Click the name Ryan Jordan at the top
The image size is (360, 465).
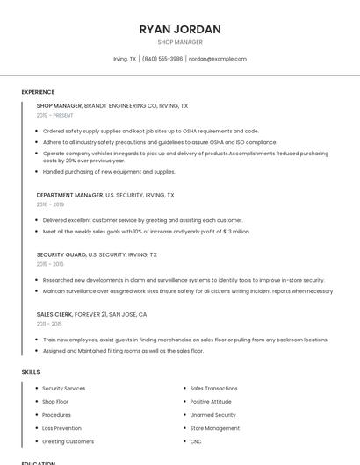(x=180, y=29)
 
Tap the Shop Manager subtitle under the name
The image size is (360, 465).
(x=180, y=42)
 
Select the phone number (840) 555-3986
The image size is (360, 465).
(x=162, y=59)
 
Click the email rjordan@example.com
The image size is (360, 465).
(x=218, y=59)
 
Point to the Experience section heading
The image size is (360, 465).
(x=38, y=92)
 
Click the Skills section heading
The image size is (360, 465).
(x=31, y=372)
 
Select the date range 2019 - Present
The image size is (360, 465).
(x=54, y=115)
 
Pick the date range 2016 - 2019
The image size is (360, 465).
(x=50, y=204)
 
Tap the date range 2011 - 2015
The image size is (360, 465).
(x=49, y=324)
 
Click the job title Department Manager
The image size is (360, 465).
(x=69, y=195)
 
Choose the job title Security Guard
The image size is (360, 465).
(x=61, y=254)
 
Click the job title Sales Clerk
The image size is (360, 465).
(x=54, y=314)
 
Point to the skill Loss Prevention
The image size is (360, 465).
(x=61, y=428)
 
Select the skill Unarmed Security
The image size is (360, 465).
(x=212, y=415)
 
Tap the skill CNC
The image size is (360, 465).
(x=196, y=441)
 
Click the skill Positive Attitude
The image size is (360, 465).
(x=211, y=402)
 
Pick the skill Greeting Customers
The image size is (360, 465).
(x=68, y=441)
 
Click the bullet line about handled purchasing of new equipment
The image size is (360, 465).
(x=109, y=172)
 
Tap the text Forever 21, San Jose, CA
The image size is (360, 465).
(x=111, y=314)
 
